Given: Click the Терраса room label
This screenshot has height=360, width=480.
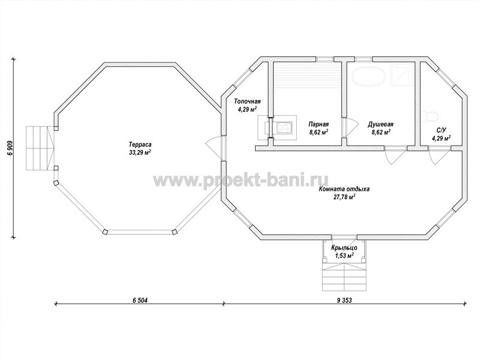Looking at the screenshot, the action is tap(140, 144).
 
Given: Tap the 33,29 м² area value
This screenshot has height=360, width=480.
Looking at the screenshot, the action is tap(140, 152).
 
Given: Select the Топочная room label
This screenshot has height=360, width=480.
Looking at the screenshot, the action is tap(247, 101).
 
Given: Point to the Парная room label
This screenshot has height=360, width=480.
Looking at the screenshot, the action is tap(319, 124).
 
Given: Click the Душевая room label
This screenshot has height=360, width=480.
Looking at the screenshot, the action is tap(380, 124).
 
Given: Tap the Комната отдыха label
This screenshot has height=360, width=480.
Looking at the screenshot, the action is tap(344, 189).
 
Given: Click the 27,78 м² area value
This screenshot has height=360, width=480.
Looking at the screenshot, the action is tap(344, 197).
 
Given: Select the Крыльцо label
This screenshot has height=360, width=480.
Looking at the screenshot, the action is tap(344, 247).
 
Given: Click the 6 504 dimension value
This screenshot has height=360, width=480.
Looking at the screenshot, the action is tap(140, 300).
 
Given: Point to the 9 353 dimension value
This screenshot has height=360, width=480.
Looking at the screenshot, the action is tap(344, 300).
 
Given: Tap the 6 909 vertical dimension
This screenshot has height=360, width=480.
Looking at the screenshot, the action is tap(10, 148).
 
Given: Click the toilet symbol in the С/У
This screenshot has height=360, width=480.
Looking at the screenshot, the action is tap(430, 116).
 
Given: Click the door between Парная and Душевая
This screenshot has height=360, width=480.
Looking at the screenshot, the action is tap(350, 128).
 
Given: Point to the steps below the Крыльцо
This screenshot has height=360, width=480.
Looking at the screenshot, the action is tap(344, 277).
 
